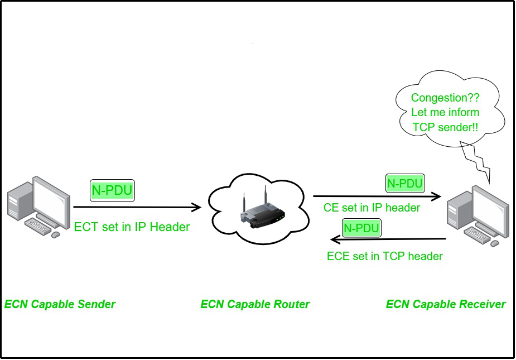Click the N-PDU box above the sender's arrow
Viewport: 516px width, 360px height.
tap(112, 190)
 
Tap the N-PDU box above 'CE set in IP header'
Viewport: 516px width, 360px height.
tap(405, 183)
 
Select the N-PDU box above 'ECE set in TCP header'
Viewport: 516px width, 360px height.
tap(361, 228)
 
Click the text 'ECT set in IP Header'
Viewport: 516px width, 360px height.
tap(132, 227)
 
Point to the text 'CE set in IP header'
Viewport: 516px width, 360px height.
tap(372, 208)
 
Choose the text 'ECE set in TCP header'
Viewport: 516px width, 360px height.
tap(384, 256)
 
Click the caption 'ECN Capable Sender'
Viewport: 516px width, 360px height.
tap(60, 304)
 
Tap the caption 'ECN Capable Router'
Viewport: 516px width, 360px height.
tap(255, 304)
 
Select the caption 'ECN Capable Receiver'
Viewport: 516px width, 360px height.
tap(446, 304)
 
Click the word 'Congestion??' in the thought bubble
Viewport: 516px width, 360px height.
tap(445, 98)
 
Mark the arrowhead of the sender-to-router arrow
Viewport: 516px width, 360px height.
tap(196, 208)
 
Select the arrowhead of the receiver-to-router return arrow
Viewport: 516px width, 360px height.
tap(335, 239)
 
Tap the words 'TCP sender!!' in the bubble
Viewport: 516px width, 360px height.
tap(445, 127)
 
